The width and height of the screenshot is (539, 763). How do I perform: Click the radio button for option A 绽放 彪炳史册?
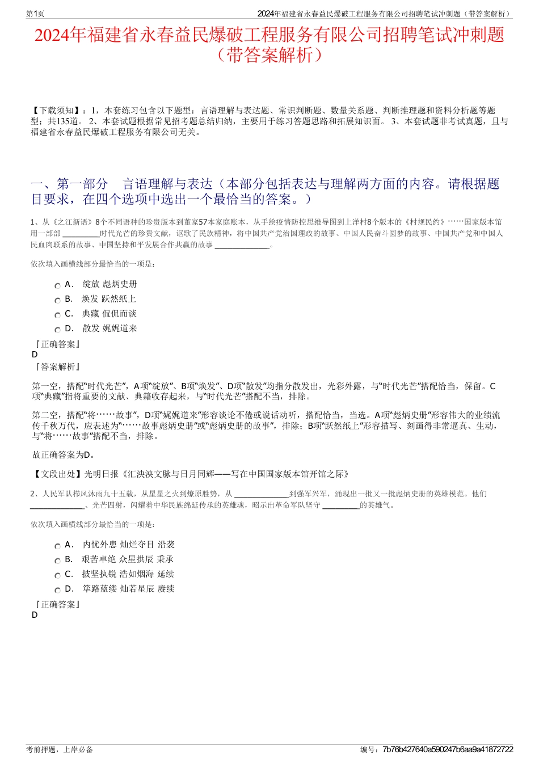pyautogui.click(x=57, y=286)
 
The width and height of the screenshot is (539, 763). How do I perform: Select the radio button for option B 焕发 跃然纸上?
pyautogui.click(x=57, y=301)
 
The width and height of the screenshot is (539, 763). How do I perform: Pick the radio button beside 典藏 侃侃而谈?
pyautogui.click(x=57, y=315)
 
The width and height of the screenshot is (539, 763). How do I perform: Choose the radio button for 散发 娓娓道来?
pyautogui.click(x=57, y=330)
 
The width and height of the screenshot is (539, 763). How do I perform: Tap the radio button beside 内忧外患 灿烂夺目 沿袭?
pyautogui.click(x=57, y=546)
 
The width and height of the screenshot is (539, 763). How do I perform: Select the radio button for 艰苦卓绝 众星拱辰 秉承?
pyautogui.click(x=57, y=561)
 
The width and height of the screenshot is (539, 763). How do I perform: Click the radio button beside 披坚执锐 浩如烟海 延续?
pyautogui.click(x=57, y=576)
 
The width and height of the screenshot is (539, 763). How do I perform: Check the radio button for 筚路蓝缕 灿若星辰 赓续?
pyautogui.click(x=57, y=591)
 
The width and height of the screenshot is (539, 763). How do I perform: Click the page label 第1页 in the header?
pyautogui.click(x=36, y=14)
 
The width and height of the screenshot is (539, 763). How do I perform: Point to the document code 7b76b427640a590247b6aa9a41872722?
pyautogui.click(x=448, y=749)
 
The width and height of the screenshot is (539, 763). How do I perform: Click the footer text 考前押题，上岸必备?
pyautogui.click(x=60, y=749)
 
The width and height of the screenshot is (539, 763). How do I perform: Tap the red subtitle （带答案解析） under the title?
pyautogui.click(x=269, y=55)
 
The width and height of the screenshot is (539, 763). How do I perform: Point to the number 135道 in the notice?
pyautogui.click(x=70, y=121)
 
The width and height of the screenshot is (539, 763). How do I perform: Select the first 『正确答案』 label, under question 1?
pyautogui.click(x=57, y=344)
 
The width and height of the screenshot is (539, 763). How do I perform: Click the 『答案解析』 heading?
pyautogui.click(x=57, y=367)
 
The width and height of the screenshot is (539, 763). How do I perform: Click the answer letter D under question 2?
pyautogui.click(x=35, y=615)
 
